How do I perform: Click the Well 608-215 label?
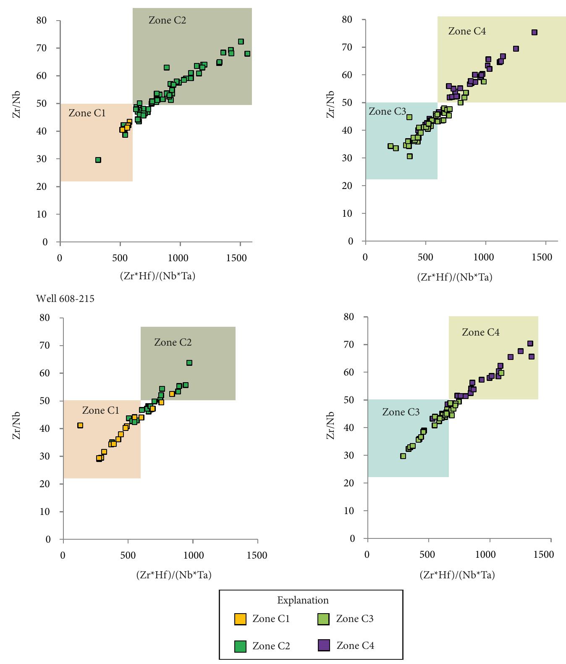pos(65,299)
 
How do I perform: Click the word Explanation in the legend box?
pos(303,600)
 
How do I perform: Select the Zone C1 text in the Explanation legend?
pos(271,619)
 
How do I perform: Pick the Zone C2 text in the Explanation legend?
pos(271,646)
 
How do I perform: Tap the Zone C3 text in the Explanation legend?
pos(354,619)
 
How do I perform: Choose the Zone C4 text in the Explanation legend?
pos(355,646)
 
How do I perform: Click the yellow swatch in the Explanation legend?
pos(240,619)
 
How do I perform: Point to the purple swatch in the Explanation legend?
pos(324,646)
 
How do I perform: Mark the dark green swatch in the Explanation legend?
pos(240,646)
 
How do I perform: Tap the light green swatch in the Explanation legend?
pos(323,619)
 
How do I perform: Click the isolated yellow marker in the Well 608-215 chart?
pos(80,425)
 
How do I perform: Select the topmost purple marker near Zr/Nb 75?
pos(535,32)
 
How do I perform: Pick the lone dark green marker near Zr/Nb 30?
pos(98,160)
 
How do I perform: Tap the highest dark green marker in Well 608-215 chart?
pos(189,363)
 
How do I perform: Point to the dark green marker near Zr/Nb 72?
pos(241,42)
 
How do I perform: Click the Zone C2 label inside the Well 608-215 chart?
pos(173,342)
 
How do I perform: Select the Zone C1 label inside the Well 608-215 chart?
pos(100,410)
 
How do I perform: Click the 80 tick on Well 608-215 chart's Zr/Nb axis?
pos(45,318)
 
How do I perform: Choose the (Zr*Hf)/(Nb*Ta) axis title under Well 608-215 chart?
pos(173,575)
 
